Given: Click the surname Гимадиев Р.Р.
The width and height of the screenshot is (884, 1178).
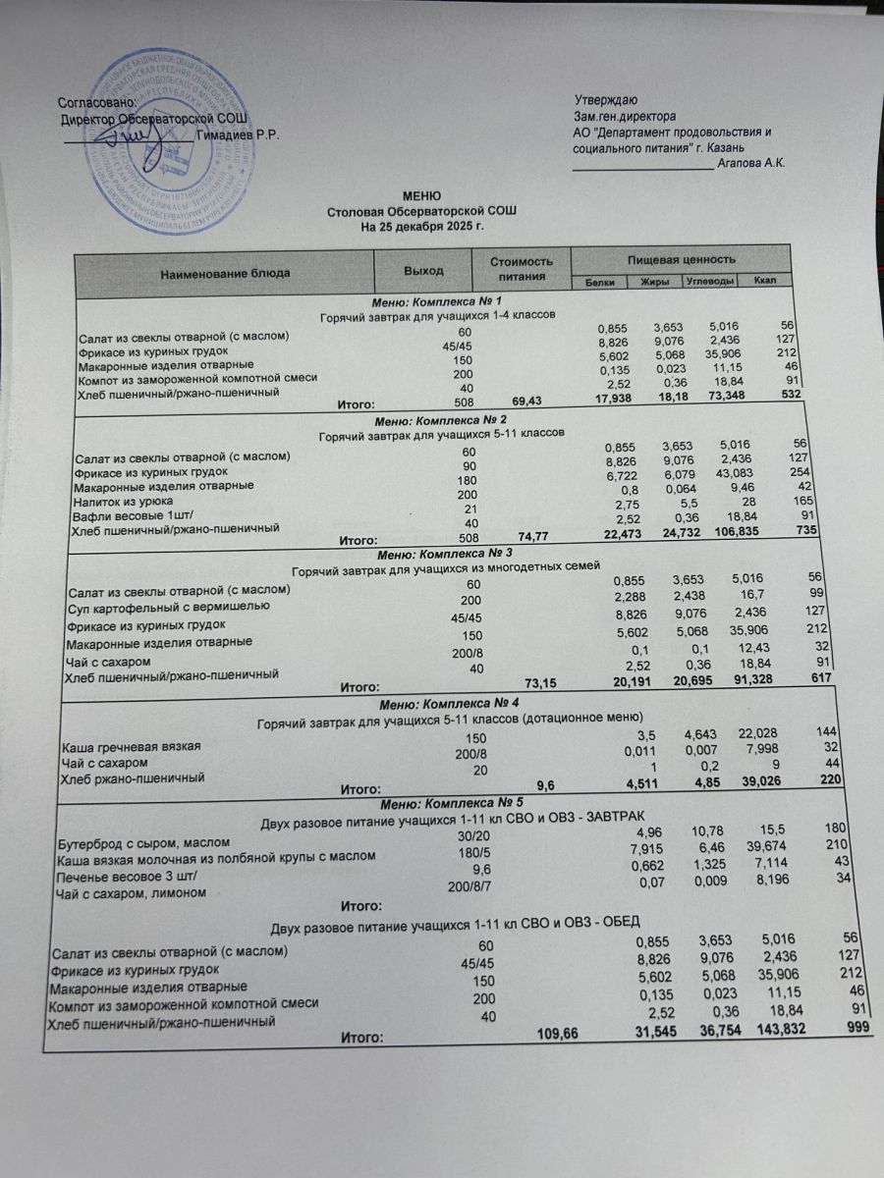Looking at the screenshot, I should pyautogui.click(x=238, y=135).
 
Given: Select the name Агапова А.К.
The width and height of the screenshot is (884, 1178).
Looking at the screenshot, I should pyautogui.click(x=751, y=163).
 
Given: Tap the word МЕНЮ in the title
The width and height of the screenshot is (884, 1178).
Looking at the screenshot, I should pyautogui.click(x=422, y=197).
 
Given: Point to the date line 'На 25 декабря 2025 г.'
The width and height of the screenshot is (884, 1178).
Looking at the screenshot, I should pyautogui.click(x=422, y=226).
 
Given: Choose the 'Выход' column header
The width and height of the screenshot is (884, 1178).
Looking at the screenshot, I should pyautogui.click(x=423, y=270).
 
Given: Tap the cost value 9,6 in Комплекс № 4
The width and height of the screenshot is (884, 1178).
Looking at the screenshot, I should pyautogui.click(x=547, y=785).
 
